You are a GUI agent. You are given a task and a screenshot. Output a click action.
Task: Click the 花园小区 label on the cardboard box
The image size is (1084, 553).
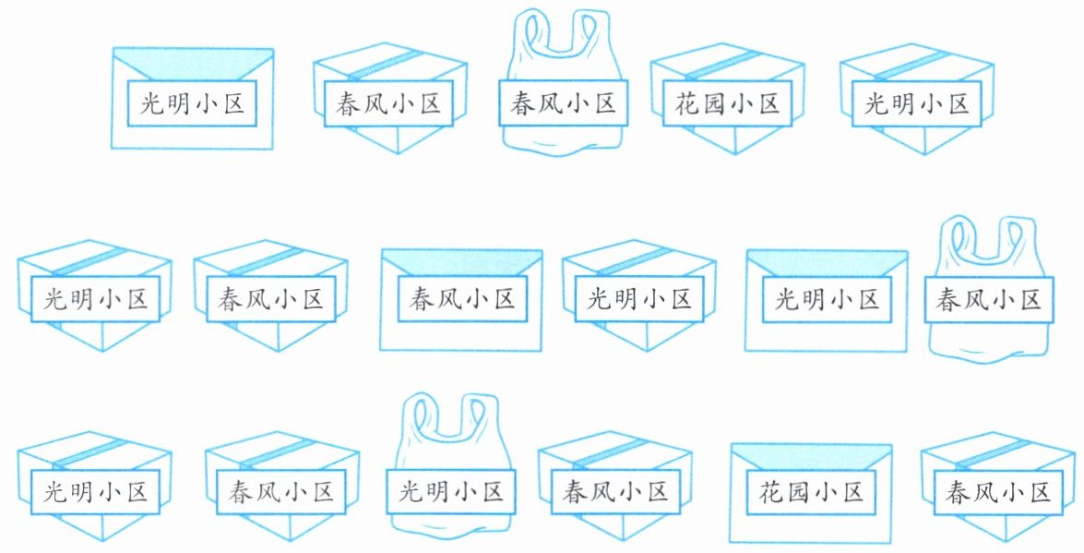coord(725,102)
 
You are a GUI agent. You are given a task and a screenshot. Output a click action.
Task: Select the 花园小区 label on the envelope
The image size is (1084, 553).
coord(811,490)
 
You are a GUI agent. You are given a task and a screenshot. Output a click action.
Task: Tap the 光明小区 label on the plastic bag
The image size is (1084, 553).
coord(449,492)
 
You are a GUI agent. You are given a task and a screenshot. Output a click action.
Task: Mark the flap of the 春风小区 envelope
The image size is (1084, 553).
coord(461,262)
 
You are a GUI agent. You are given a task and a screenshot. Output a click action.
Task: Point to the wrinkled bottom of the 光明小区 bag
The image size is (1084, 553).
coord(449,523)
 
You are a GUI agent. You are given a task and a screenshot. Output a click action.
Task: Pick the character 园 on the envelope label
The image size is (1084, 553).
coord(797,490)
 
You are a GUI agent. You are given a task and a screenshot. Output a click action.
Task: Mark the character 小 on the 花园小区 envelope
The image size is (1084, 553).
coord(827,490)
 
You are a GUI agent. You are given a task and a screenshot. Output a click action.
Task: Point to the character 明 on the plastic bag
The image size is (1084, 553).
coord(436,492)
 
